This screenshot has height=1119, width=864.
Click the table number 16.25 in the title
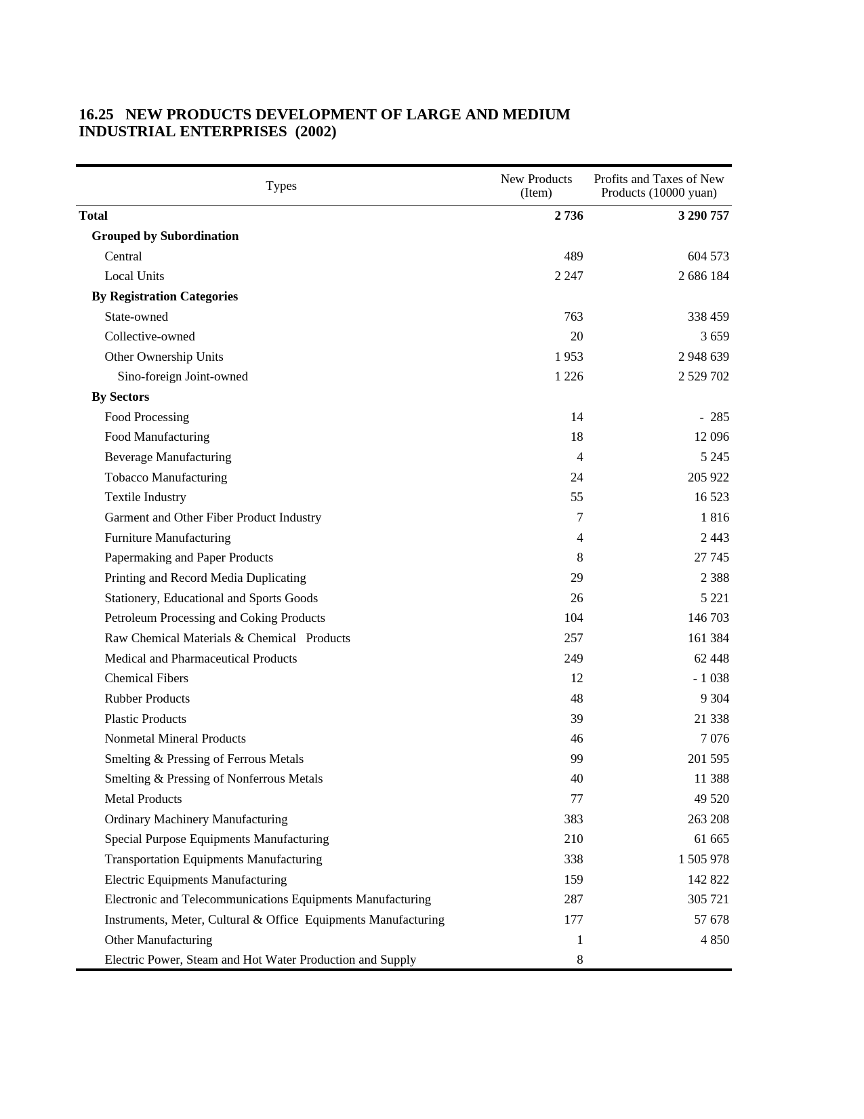click(96, 115)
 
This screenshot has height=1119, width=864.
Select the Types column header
click(281, 186)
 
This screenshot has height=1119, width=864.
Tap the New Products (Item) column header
click(536, 186)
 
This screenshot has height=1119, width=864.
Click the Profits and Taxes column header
click(659, 186)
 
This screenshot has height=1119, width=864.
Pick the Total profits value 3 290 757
click(703, 216)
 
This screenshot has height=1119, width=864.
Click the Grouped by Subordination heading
click(165, 236)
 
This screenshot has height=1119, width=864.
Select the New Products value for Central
click(573, 256)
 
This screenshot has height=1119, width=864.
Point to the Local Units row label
click(134, 276)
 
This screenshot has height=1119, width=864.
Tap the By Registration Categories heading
click(165, 296)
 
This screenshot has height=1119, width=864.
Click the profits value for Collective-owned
click(715, 336)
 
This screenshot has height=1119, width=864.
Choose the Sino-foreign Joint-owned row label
click(182, 376)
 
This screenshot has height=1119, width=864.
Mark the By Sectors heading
click(120, 397)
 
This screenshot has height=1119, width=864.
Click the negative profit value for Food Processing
click(714, 417)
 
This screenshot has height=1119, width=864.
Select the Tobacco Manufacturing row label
click(165, 477)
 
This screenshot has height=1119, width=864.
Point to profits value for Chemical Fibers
click(711, 678)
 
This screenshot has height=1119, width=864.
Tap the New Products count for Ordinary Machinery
click(573, 819)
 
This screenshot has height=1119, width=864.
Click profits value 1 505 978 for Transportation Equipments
click(703, 859)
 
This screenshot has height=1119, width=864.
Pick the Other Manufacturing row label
click(158, 940)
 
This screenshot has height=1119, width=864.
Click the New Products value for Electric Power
click(579, 960)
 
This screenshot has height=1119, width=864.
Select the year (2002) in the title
click(316, 132)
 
